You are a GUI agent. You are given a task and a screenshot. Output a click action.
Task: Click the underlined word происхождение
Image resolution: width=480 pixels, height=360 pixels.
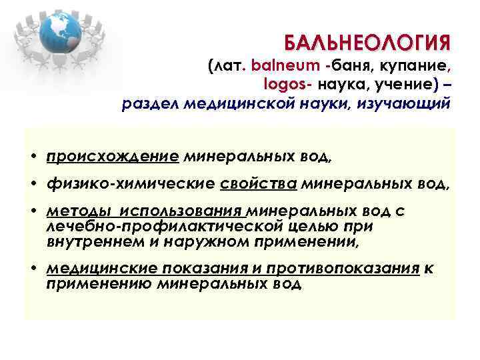pos(113,157)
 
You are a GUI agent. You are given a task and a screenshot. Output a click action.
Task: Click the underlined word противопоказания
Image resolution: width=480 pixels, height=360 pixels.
pos(342,269)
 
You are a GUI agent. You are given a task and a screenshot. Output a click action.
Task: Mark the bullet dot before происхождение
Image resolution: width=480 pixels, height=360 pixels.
pos(33,158)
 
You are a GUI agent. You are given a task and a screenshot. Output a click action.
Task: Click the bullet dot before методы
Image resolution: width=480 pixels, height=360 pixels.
pos(33,212)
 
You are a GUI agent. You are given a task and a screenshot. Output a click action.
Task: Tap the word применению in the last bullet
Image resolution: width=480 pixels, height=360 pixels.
pos(99,284)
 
